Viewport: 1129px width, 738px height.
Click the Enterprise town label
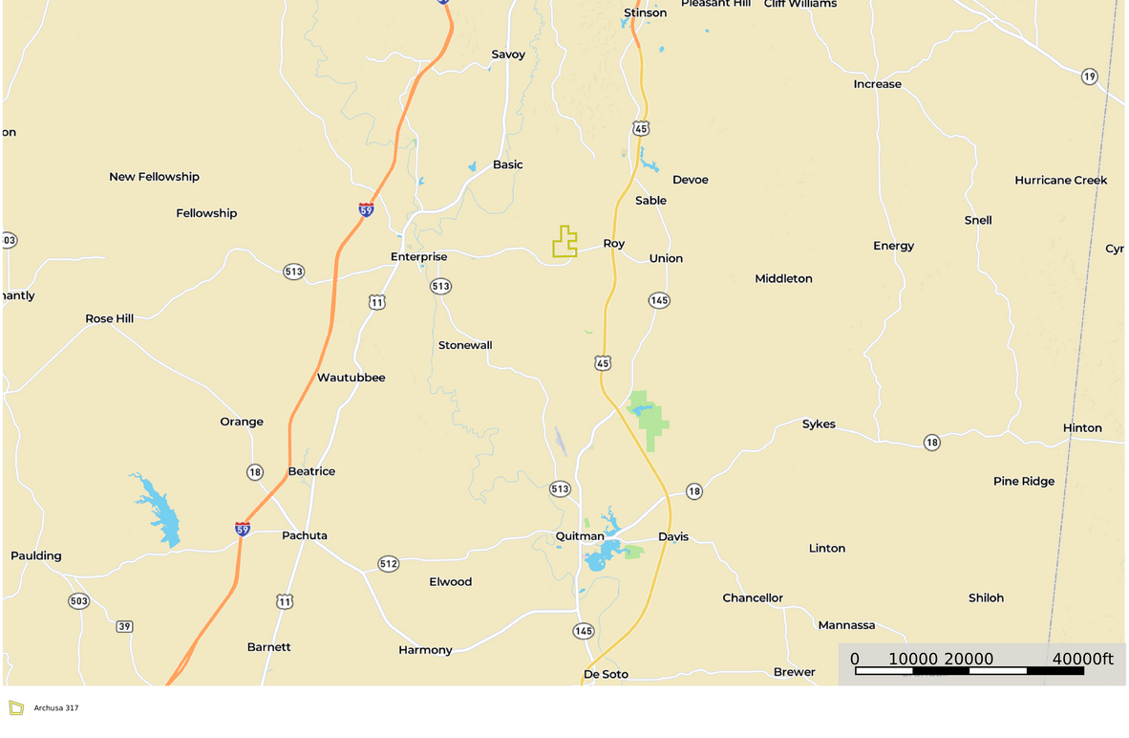pyautogui.click(x=418, y=256)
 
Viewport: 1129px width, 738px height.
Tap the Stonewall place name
pyautogui.click(x=465, y=345)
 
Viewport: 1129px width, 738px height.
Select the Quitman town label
pyautogui.click(x=580, y=536)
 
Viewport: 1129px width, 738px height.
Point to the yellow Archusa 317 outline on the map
pyautogui.click(x=564, y=243)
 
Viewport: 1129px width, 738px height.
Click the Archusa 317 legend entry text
pyautogui.click(x=56, y=708)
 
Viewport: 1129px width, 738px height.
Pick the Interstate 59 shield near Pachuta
pyautogui.click(x=243, y=529)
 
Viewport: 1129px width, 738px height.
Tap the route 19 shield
pyautogui.click(x=1089, y=76)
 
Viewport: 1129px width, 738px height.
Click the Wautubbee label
pyautogui.click(x=351, y=378)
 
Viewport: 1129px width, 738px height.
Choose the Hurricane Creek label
pyautogui.click(x=1060, y=180)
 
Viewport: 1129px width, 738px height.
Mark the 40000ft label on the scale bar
pyautogui.click(x=1082, y=659)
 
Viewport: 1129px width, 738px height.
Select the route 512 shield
pyautogui.click(x=388, y=564)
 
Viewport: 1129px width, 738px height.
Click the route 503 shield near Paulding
pyautogui.click(x=78, y=600)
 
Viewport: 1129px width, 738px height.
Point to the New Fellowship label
pyautogui.click(x=154, y=177)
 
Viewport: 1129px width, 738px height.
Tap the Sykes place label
pyautogui.click(x=819, y=423)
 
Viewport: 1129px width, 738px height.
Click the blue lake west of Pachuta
pyautogui.click(x=159, y=512)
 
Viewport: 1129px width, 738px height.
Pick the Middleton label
pyautogui.click(x=783, y=279)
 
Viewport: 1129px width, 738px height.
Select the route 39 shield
pyautogui.click(x=124, y=626)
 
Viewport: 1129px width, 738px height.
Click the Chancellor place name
pyautogui.click(x=753, y=598)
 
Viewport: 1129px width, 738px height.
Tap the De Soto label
pyautogui.click(x=606, y=674)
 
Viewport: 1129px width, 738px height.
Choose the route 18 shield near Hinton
pyautogui.click(x=931, y=442)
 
